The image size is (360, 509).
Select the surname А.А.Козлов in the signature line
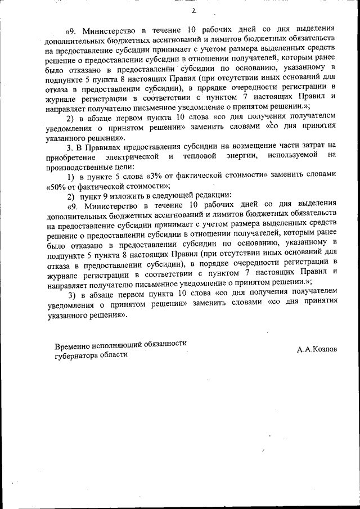tap(317, 349)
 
